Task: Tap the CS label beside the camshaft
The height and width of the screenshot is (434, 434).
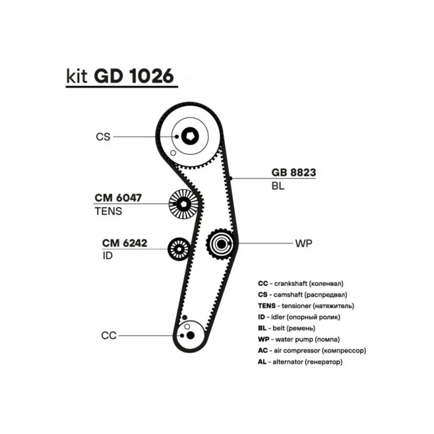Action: [x=103, y=137]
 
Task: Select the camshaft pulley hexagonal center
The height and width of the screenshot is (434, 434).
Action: [x=189, y=136]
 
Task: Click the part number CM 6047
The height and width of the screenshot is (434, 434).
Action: [x=118, y=199]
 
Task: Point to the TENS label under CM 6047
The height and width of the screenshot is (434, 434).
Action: [x=108, y=212]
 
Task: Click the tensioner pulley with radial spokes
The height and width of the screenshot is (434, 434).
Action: [x=183, y=204]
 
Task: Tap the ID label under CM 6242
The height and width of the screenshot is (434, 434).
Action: [x=107, y=256]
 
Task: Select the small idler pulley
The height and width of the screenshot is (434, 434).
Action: [x=178, y=249]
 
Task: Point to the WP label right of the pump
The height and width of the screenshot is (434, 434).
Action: [x=304, y=243]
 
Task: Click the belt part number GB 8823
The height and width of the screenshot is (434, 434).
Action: [x=293, y=173]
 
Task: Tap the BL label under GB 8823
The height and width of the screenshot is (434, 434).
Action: [x=278, y=186]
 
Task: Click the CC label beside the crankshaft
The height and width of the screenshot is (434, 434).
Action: [x=109, y=336]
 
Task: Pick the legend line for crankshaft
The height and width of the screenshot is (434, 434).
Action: [x=301, y=283]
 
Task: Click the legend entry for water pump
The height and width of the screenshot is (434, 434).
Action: [x=299, y=340]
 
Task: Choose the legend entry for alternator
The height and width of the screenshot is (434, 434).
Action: [x=301, y=362]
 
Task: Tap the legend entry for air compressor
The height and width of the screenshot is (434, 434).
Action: [x=312, y=351]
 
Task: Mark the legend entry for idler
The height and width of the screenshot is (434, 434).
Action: [x=299, y=317]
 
